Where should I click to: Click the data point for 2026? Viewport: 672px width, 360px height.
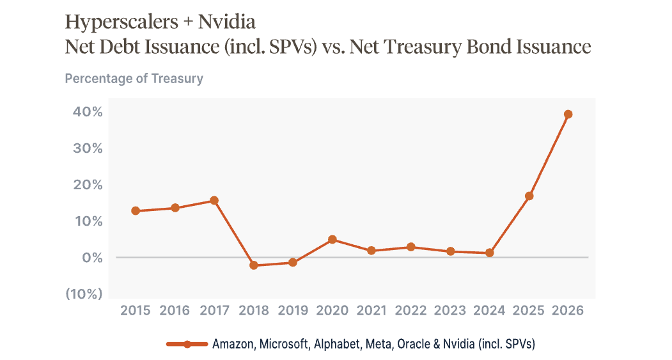point(568,114)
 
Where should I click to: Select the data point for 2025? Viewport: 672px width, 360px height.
point(529,196)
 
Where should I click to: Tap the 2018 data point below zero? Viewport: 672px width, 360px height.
point(254,265)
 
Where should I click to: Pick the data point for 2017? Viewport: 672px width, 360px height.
point(214,201)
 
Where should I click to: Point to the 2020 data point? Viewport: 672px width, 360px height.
point(332,240)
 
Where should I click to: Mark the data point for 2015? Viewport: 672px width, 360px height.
point(136,211)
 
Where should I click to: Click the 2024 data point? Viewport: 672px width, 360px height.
point(489,253)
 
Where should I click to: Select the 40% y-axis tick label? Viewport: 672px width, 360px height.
point(88,112)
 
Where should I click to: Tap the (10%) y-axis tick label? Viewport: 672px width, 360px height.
point(84,294)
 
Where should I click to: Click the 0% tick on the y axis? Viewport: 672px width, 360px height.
point(93,258)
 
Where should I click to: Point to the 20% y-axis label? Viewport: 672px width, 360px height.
point(88,185)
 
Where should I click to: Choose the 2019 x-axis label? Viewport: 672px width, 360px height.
point(293,310)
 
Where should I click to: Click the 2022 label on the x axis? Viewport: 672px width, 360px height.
point(410,310)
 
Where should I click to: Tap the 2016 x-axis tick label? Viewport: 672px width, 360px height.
point(175,310)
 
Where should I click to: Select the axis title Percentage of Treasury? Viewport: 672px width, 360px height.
point(134,79)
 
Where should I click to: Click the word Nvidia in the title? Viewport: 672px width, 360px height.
point(227,22)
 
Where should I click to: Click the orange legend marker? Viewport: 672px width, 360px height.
point(187,344)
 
